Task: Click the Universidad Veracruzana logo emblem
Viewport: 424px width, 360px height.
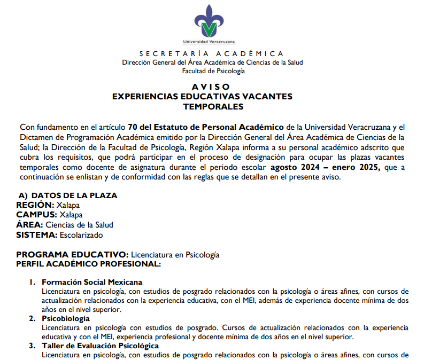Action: [x=212, y=21]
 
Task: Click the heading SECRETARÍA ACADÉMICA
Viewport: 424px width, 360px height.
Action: [x=211, y=54]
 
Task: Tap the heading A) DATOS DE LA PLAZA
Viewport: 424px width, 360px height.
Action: [x=68, y=195]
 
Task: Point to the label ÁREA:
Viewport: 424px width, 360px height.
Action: [x=29, y=225]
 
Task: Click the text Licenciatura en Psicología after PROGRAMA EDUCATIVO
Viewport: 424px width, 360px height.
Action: [x=175, y=255]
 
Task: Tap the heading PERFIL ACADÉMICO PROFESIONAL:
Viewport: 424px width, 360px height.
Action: [x=88, y=264]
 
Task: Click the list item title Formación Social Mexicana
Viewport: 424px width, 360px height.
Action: [x=92, y=282]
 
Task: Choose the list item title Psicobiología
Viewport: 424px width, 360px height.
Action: [x=66, y=319]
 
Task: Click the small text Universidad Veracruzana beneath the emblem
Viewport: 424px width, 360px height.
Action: [x=209, y=42]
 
